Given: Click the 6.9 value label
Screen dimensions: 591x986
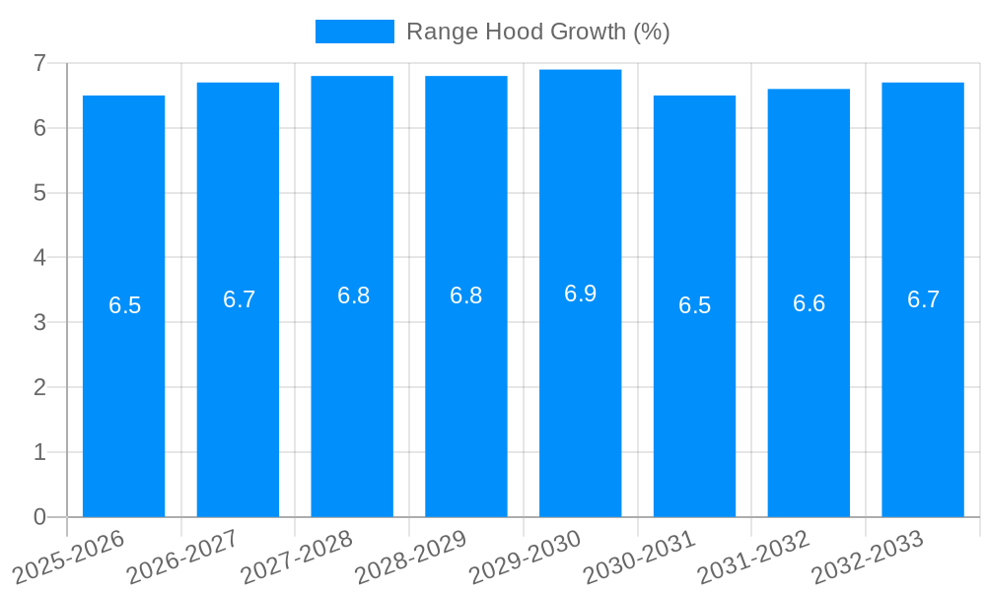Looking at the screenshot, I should point(580,294).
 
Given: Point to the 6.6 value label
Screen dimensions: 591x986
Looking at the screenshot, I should point(809,303).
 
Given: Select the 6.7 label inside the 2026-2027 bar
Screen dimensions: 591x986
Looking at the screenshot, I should point(239,299).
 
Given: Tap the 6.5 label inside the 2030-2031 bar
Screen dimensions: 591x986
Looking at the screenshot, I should point(694,305).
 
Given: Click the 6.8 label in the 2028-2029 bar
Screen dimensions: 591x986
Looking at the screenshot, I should point(465,295).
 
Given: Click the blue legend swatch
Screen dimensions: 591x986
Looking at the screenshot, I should point(354,32).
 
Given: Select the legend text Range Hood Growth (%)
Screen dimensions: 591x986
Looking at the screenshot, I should point(537,32).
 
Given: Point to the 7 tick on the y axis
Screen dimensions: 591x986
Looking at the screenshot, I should point(39,63).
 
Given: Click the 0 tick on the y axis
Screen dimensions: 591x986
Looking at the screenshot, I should point(39,517).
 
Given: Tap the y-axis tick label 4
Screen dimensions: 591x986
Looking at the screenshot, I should point(39,258).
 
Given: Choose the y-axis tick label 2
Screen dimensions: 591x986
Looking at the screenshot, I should point(39,387).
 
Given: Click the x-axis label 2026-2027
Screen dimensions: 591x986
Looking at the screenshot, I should point(182,557).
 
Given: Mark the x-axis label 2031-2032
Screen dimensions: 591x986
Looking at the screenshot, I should point(753,557).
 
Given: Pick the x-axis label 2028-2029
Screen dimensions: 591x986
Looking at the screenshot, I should point(410,557).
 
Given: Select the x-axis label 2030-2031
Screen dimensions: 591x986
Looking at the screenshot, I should point(639,557).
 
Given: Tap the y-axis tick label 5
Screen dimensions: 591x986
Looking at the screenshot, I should point(39,193).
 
